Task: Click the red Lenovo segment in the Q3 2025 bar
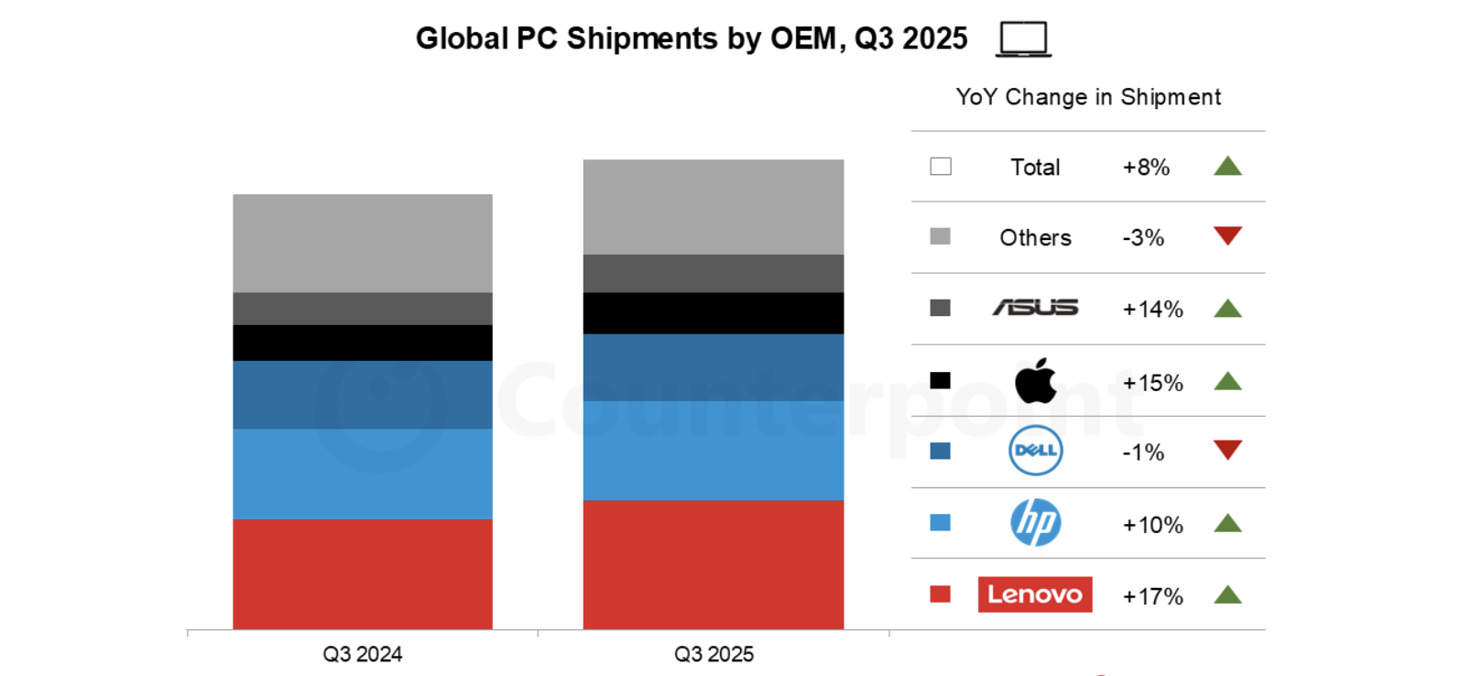713,564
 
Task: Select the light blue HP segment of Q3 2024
362,474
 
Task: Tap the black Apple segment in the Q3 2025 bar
713,313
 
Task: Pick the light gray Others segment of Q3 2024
362,243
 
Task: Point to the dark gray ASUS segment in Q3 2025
713,273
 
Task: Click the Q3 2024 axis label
362,654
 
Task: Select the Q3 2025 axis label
714,654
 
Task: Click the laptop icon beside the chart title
1023,39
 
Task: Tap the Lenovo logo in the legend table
1035,594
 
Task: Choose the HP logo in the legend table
1035,523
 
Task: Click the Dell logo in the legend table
1035,451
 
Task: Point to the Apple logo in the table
1035,381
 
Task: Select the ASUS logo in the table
1035,308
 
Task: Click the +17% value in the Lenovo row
1152,596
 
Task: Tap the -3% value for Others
1143,238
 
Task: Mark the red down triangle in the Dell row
1227,449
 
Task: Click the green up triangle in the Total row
1227,167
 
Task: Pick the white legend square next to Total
941,167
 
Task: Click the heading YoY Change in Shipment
1088,97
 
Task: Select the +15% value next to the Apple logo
1152,383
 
